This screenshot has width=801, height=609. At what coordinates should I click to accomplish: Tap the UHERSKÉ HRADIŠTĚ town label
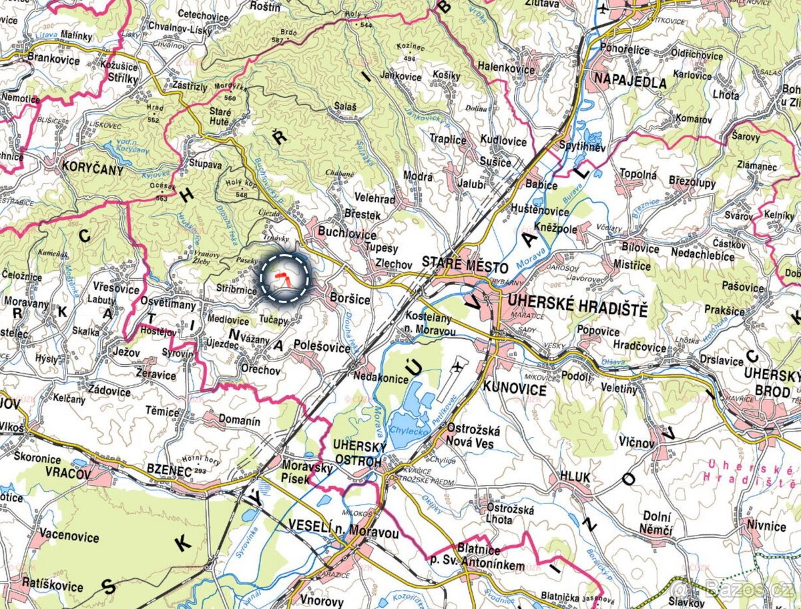(577, 310)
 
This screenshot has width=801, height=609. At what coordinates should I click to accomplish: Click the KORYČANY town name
(92, 169)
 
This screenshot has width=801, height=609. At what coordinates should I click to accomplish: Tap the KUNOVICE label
(515, 390)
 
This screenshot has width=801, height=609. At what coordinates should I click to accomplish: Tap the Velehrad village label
(374, 199)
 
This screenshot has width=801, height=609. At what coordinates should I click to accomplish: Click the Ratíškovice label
(52, 586)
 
